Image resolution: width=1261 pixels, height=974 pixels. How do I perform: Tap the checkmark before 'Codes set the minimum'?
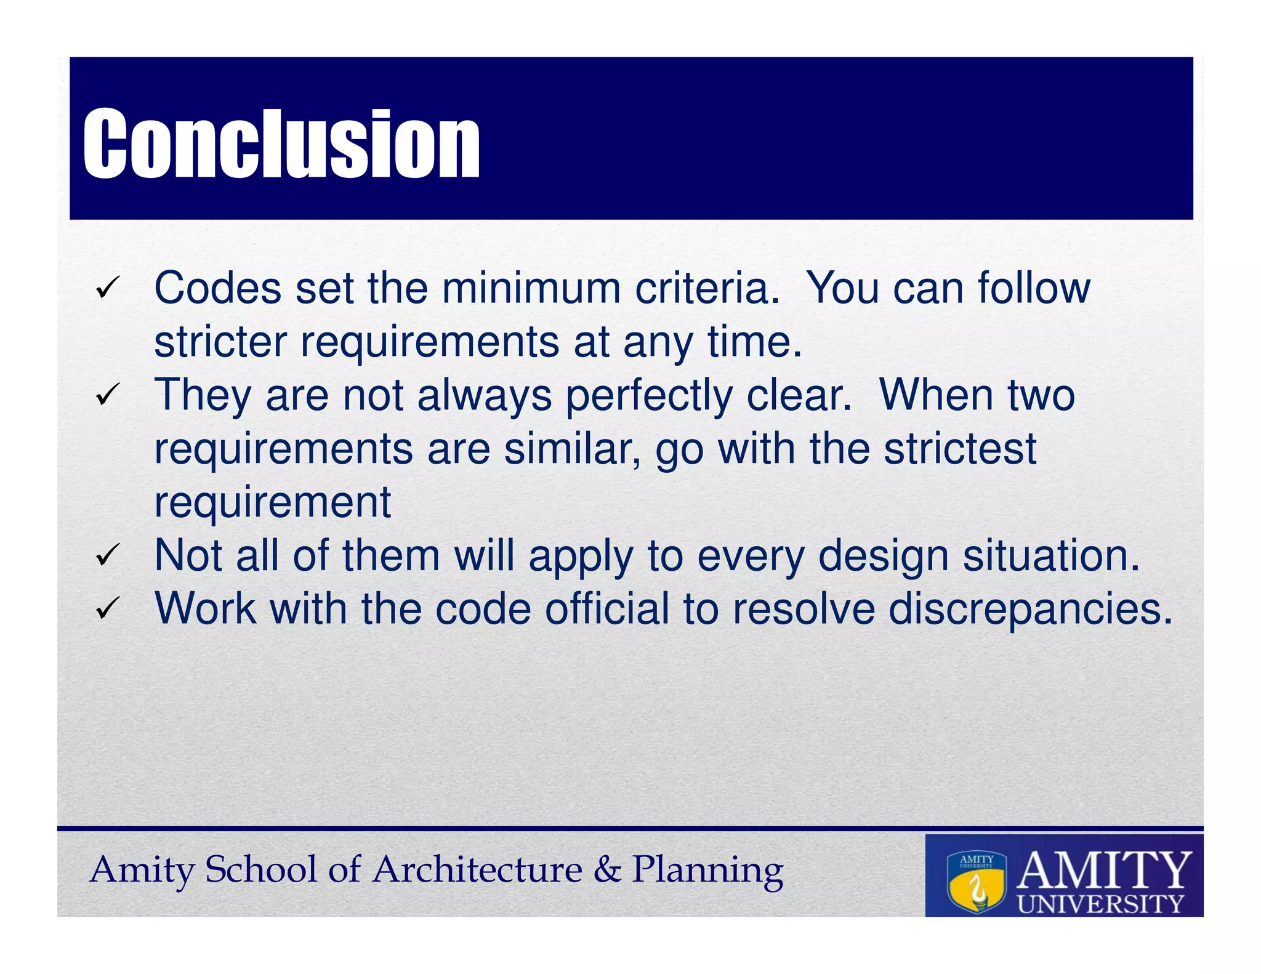point(107,288)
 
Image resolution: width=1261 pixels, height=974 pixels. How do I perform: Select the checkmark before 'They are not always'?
point(107,395)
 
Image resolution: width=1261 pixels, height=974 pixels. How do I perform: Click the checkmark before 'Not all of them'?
point(107,555)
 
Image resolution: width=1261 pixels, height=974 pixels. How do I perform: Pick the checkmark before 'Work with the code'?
point(107,609)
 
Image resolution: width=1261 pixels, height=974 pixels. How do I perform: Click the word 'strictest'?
point(960,449)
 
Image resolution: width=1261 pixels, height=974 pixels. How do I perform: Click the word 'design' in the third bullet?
point(883,557)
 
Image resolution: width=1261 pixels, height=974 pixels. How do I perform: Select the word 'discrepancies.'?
point(1031,610)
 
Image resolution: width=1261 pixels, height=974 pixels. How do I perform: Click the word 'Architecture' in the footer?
point(477,869)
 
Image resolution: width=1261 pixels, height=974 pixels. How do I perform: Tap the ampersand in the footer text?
point(607,869)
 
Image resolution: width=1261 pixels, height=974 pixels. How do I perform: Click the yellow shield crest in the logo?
point(977,883)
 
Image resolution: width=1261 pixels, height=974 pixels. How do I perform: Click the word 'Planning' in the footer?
point(707,871)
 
